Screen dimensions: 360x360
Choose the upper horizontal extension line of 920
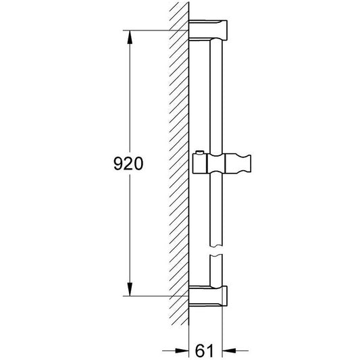(155, 30)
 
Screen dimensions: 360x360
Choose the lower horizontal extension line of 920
(155, 295)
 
